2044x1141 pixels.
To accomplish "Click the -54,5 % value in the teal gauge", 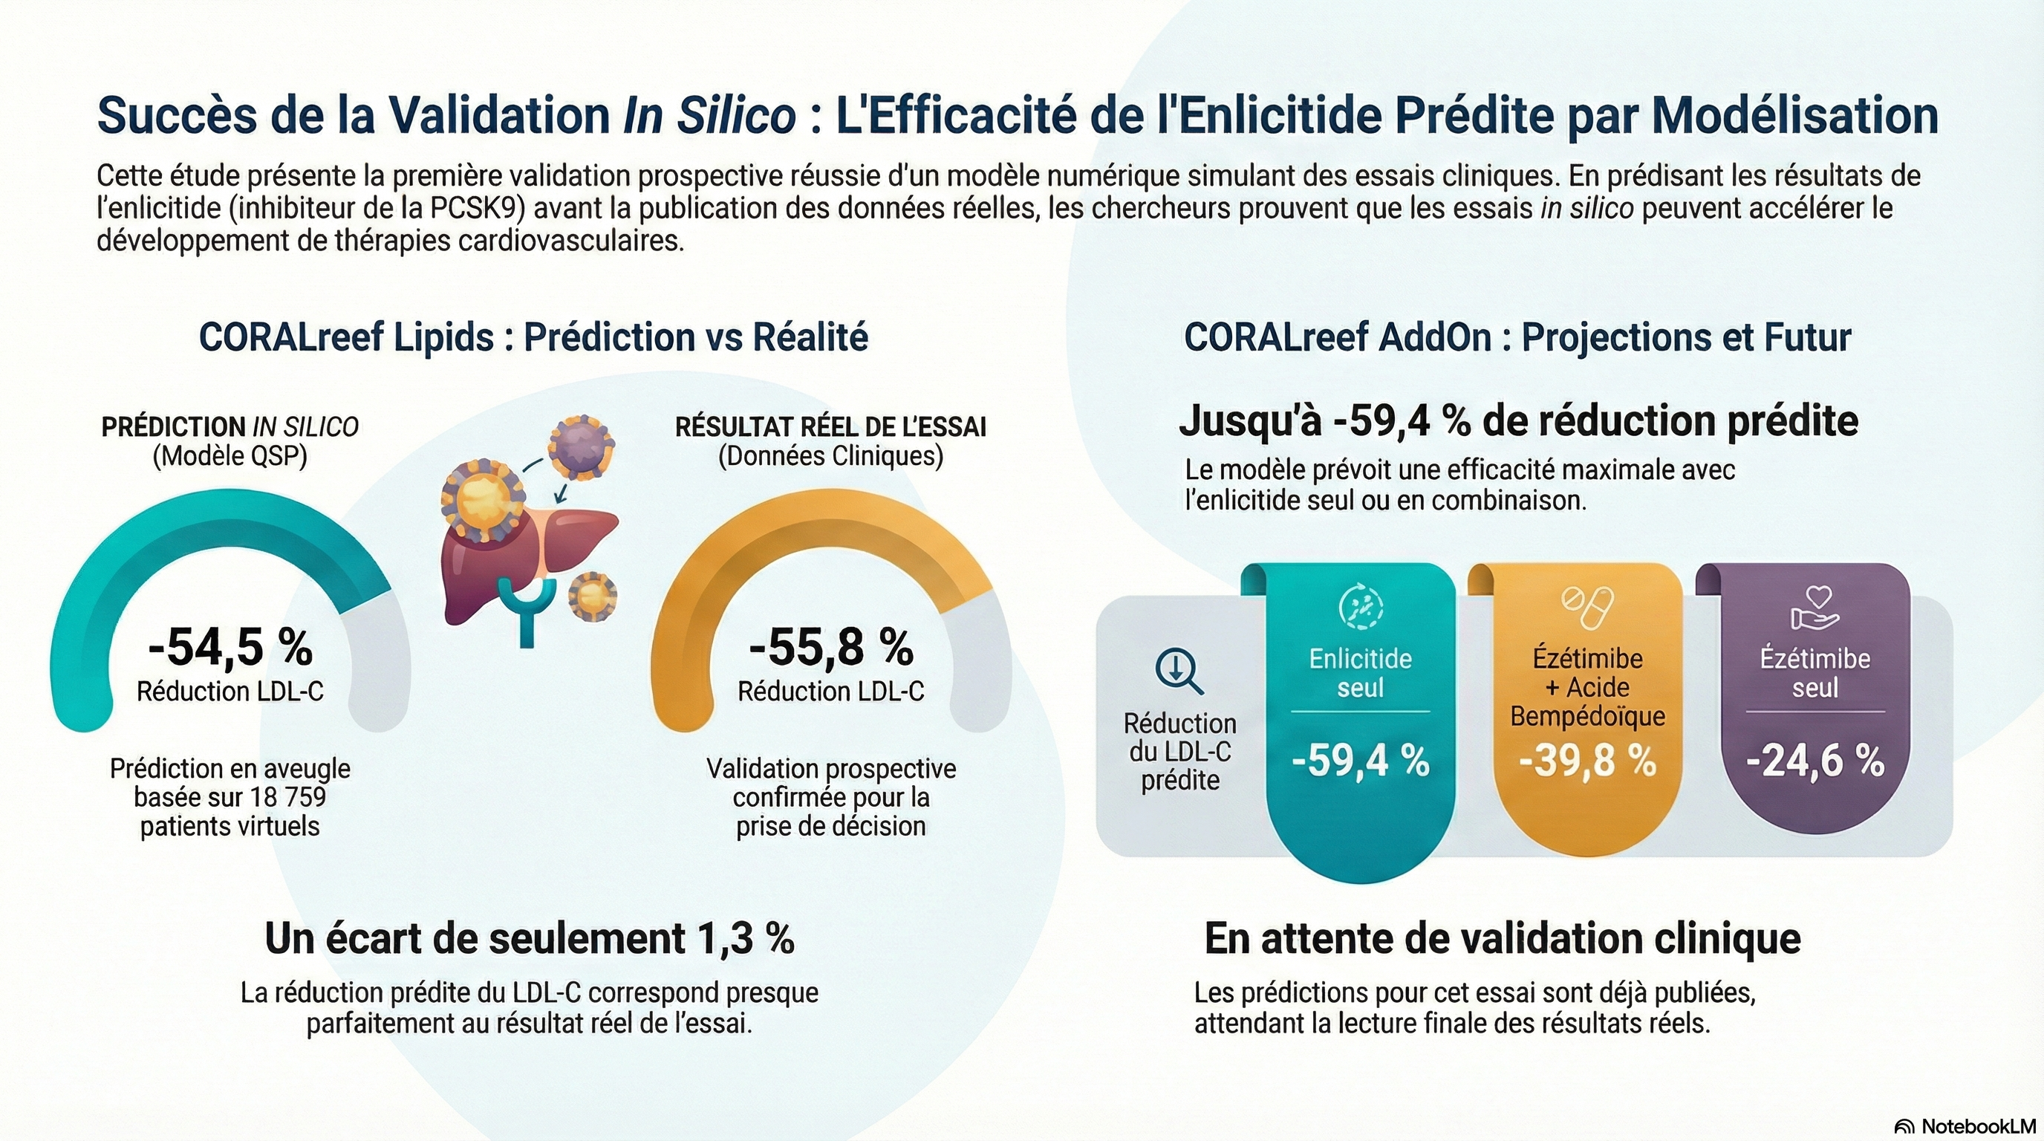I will (230, 647).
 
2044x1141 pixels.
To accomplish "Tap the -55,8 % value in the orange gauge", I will (831, 647).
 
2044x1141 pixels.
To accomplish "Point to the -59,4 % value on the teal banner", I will (1360, 760).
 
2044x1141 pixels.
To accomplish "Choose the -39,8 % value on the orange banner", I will (1588, 760).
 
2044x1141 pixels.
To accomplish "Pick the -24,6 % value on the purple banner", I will (1815, 760).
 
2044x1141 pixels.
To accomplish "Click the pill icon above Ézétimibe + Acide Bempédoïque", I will (1588, 607).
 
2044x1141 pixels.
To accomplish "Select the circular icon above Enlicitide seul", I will (1360, 608).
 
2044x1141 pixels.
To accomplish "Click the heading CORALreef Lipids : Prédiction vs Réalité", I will (533, 337).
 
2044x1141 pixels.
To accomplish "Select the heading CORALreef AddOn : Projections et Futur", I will (1517, 337).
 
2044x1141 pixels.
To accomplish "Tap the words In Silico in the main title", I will (709, 116).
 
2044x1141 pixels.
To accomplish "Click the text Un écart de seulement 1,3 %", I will (530, 939).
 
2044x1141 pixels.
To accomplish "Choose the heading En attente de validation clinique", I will (1502, 939).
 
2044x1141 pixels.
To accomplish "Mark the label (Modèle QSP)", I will (230, 456).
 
